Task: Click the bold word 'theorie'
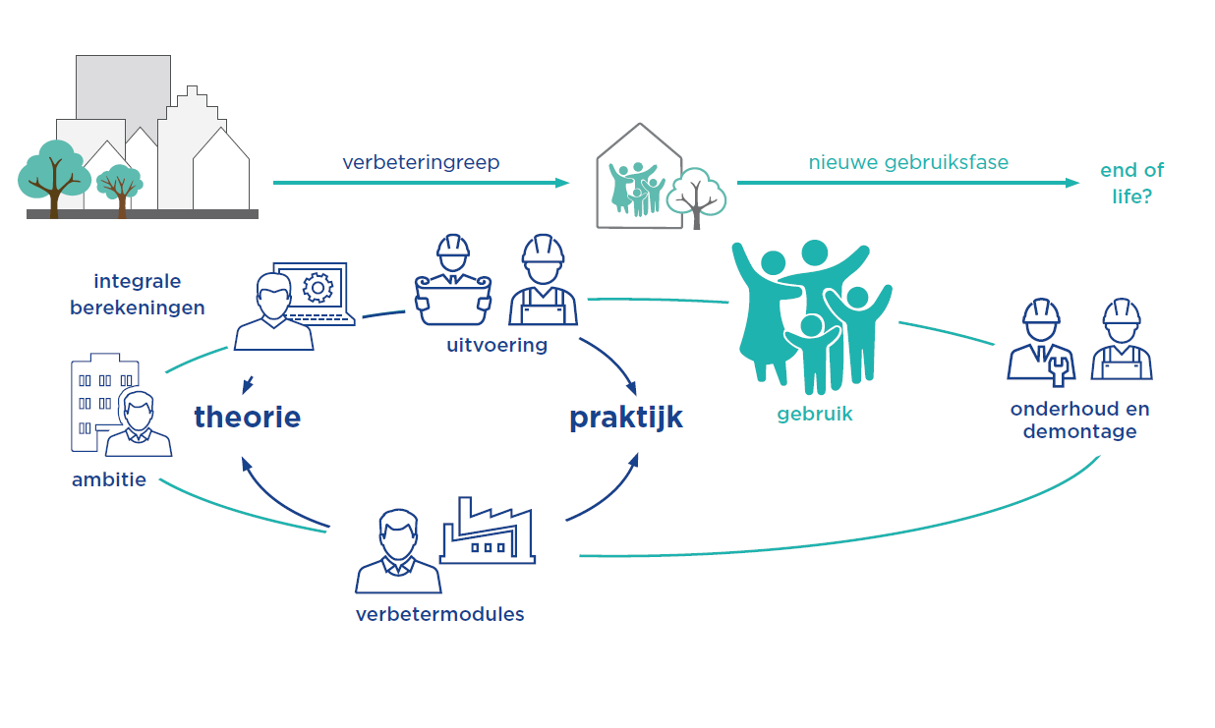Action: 247,417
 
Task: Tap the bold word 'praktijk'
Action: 625,417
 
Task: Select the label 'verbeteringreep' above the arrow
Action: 421,162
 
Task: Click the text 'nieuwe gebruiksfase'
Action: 908,162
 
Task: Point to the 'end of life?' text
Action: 1131,183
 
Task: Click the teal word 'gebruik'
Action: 815,414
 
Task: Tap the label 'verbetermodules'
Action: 439,614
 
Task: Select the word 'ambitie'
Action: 109,480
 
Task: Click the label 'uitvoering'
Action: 496,345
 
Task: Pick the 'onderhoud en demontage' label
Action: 1079,420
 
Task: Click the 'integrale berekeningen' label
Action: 138,294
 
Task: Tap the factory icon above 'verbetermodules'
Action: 487,531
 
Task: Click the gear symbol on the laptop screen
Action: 317,287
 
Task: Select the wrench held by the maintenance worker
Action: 1058,368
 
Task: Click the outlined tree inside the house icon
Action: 696,197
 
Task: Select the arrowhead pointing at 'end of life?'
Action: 1073,183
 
